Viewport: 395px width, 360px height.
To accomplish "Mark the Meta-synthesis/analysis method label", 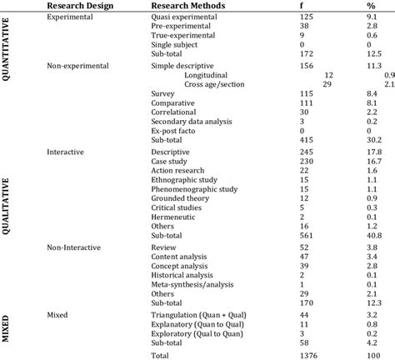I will tap(193, 286).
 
